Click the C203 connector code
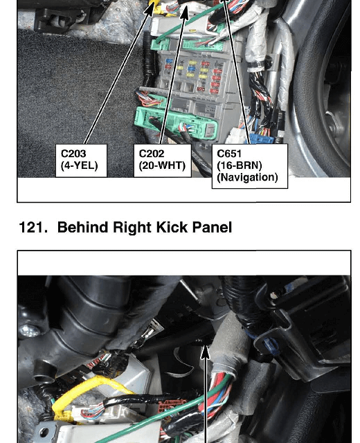click(73, 154)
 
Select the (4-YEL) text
click(80, 165)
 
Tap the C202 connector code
click(152, 154)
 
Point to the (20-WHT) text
click(162, 165)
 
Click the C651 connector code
click(229, 154)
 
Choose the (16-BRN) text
click(240, 165)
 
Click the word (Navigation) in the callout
click(248, 177)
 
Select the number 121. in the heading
click(33, 228)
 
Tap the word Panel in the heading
click(213, 227)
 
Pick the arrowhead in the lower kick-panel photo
click(206, 352)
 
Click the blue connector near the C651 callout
click(261, 139)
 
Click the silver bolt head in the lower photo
click(28, 330)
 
